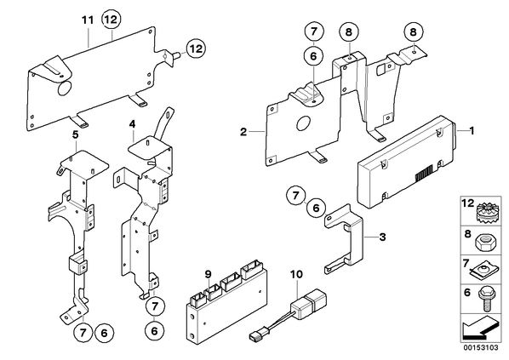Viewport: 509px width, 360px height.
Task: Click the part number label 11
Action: point(88,20)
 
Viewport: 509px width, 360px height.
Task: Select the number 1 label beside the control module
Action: point(472,130)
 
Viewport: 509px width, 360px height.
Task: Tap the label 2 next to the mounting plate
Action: point(243,132)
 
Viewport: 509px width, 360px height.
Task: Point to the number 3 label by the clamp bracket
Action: point(383,237)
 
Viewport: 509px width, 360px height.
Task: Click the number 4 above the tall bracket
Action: point(132,124)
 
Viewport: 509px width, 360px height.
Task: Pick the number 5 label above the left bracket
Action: point(75,134)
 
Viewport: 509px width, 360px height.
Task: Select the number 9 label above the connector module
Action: point(208,274)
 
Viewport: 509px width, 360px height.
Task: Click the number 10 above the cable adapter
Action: point(296,274)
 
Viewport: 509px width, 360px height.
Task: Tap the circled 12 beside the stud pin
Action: point(196,49)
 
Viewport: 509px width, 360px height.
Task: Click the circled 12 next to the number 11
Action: point(111,20)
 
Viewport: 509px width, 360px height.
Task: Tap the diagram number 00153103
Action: point(480,348)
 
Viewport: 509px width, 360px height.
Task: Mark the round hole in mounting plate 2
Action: point(304,124)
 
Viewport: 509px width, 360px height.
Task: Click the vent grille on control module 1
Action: point(424,173)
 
